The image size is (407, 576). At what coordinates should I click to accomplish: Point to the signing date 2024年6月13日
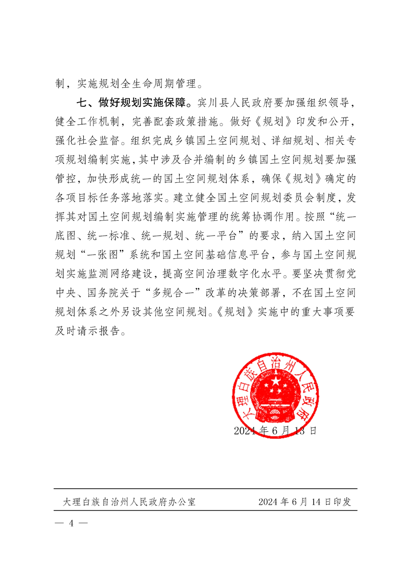275,431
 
